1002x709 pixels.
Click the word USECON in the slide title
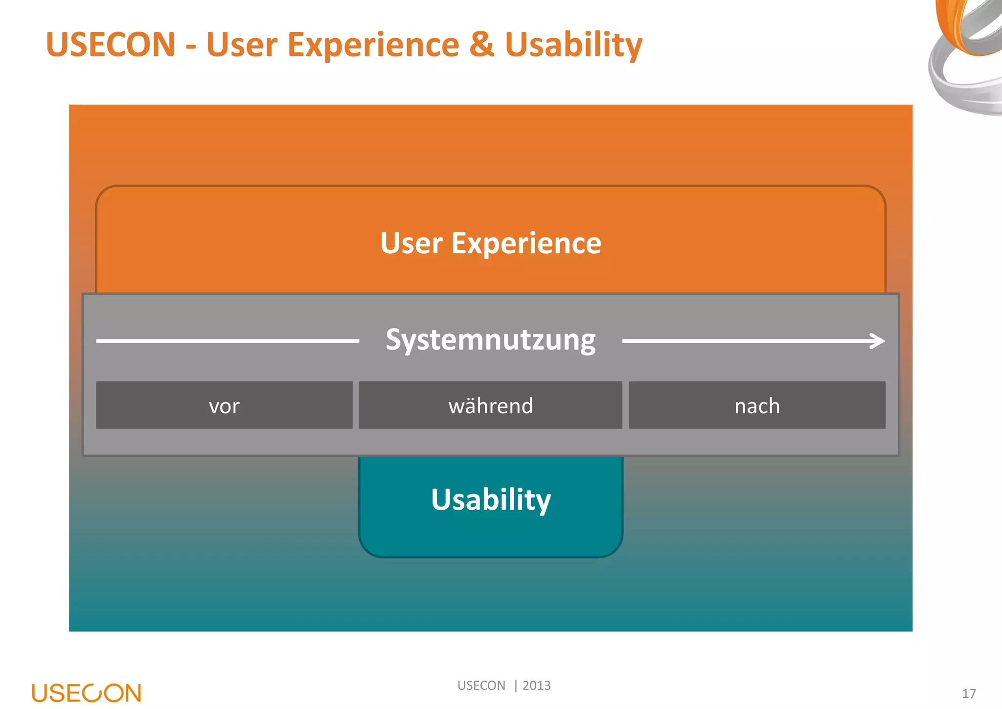[x=111, y=45]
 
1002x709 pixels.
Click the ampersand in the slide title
[x=482, y=45]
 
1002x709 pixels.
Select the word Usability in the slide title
[x=573, y=46]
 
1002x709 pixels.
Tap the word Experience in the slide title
[x=373, y=46]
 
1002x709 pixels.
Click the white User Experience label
[x=491, y=243]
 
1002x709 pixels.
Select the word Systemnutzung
[x=491, y=340]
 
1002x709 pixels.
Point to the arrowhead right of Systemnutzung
[x=878, y=341]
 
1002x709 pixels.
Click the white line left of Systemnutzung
[x=228, y=341]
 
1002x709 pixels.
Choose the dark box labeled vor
[x=224, y=405]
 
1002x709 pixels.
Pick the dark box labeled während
[x=491, y=405]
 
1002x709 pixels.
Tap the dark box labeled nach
[x=757, y=405]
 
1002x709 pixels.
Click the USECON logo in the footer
[x=87, y=693]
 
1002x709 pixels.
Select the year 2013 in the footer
[x=537, y=685]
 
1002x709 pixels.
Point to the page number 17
[x=969, y=694]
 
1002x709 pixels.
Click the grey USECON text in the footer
[x=481, y=685]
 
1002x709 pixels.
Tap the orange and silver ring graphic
[x=966, y=54]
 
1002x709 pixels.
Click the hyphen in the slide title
[x=191, y=47]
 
